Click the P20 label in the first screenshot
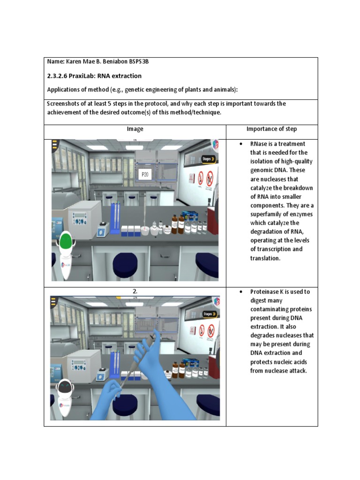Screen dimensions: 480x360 pyautogui.click(x=144, y=174)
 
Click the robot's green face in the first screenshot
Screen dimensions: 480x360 pyautogui.click(x=66, y=242)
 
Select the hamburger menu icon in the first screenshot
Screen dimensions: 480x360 pyautogui.click(x=55, y=144)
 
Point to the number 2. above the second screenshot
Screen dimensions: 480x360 pyautogui.click(x=135, y=292)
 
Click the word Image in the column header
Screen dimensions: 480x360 pyautogui.click(x=135, y=129)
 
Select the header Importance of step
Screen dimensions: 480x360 pyautogui.click(x=271, y=129)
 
